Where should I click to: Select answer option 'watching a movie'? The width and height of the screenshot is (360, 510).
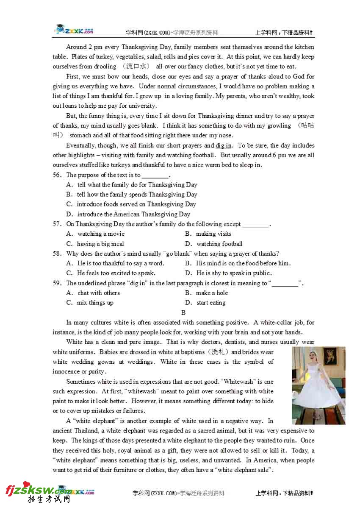coord(101,234)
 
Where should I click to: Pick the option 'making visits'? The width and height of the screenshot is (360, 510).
coord(213,234)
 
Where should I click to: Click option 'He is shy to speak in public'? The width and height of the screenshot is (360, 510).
coord(233,273)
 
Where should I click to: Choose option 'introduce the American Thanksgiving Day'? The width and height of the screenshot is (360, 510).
coord(133,215)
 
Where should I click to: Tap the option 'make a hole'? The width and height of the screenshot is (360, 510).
coord(211,293)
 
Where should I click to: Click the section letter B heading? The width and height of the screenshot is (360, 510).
coord(183,313)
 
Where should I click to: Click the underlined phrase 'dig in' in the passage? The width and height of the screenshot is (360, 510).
coord(224,146)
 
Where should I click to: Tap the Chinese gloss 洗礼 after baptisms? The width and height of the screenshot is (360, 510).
coord(217,352)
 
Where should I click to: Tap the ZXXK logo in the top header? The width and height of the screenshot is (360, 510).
coord(74,31)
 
